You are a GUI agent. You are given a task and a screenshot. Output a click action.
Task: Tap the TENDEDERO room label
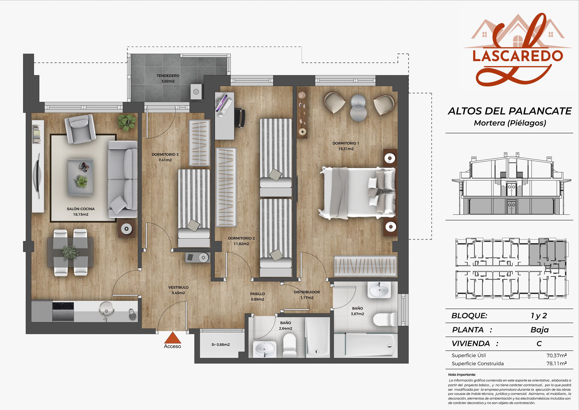168,76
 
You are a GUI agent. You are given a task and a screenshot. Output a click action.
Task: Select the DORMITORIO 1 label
346,143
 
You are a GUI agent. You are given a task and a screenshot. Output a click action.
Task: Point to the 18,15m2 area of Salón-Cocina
81,214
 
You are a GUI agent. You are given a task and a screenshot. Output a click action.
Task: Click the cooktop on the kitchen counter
63,312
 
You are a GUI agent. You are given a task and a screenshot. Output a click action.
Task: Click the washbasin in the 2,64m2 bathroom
264,349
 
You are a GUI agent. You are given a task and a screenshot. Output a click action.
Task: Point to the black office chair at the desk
240,117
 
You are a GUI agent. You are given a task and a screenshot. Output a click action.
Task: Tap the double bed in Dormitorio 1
357,193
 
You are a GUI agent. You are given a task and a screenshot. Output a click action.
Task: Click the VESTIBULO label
179,287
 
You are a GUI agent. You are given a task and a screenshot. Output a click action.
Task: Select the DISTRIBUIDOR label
307,292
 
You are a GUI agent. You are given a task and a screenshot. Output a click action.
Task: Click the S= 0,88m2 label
221,345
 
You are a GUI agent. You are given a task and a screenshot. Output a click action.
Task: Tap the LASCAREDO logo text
517,56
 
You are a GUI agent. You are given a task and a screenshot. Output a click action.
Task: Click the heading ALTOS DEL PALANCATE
510,111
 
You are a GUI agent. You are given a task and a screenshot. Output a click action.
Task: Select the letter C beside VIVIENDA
539,344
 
